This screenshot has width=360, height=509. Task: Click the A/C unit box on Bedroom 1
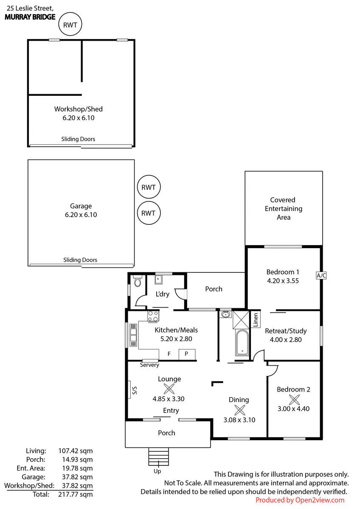pos(321,275)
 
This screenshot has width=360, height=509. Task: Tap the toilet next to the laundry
pos(138,282)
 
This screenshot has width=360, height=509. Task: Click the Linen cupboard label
pos(256,320)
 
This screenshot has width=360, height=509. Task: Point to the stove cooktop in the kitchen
pos(153,316)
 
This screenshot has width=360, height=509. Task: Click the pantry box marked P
pos(187,354)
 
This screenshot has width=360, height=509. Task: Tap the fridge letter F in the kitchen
pos(169,354)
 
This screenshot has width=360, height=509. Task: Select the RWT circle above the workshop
pos(70,24)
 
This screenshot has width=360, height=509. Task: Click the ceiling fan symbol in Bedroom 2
pos(294,400)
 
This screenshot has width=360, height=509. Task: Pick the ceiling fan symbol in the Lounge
pos(169,389)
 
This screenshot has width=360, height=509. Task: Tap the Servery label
pos(149,365)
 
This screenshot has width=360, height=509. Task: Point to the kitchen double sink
pos(133,335)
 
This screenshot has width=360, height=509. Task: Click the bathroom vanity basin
pos(225,314)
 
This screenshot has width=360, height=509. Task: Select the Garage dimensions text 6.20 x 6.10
pos(81,215)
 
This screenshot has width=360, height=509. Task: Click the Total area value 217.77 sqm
pos(76,494)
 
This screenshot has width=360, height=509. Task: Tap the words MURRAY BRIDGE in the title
pos(30,17)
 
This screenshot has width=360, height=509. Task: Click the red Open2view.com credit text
pos(300,500)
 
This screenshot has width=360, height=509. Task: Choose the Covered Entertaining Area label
pos(283,209)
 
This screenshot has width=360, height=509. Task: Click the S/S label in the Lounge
pos(135,390)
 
